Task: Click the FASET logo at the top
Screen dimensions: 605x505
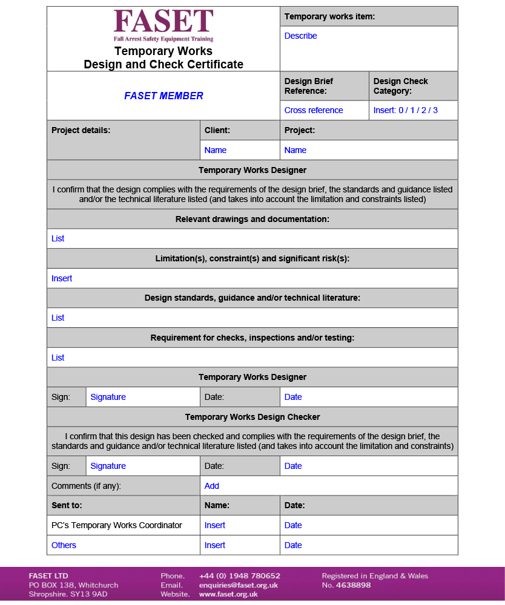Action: (x=163, y=24)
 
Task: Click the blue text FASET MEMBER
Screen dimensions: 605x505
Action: (x=163, y=96)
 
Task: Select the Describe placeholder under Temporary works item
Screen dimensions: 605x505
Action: (x=300, y=36)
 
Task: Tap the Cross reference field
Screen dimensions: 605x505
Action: (x=314, y=110)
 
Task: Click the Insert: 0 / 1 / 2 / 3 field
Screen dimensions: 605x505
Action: (x=405, y=110)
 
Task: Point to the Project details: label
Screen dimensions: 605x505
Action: (x=81, y=130)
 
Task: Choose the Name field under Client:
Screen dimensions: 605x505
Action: (x=216, y=150)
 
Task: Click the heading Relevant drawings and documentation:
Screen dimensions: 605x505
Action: (x=252, y=219)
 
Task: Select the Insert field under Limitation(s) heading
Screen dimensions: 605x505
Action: (x=62, y=278)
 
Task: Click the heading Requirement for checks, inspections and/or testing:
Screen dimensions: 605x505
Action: (x=252, y=338)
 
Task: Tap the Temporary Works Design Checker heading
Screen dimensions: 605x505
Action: (x=252, y=417)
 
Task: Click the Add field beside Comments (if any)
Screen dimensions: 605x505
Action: (x=212, y=486)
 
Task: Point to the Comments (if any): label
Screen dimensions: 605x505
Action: (x=86, y=486)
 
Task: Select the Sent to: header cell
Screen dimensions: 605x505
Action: (x=67, y=505)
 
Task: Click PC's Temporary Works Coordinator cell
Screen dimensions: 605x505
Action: (x=117, y=525)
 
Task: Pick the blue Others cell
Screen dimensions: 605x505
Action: (x=64, y=545)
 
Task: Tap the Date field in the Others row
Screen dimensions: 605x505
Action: (x=293, y=545)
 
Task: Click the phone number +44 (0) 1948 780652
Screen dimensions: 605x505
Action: (x=239, y=576)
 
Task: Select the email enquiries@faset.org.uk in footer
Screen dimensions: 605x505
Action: (x=238, y=585)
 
